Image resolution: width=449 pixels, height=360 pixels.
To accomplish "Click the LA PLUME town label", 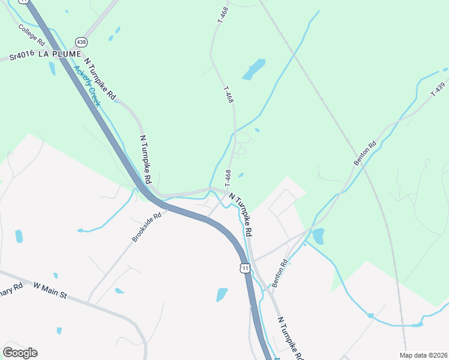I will point(59,54).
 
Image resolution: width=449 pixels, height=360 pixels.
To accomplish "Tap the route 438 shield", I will point(81,42).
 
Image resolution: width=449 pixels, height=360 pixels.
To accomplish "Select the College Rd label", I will point(31,35).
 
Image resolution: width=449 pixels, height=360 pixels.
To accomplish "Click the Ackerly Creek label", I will point(87,85).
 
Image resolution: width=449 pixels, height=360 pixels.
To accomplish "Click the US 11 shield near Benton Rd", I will point(244,269).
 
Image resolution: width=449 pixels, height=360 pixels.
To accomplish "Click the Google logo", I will point(20,352).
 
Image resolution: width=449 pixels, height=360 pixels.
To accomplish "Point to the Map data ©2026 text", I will point(423,355).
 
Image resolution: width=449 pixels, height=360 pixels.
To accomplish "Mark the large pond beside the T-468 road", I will point(254,70).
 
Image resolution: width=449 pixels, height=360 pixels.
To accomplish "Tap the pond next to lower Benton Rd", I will point(318,236).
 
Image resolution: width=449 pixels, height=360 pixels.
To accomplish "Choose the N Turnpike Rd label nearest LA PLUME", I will point(100,79).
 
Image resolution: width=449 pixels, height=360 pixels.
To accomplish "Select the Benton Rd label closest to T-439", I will point(364,153).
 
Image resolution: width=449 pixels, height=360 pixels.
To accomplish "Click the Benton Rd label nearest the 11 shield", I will point(280,273).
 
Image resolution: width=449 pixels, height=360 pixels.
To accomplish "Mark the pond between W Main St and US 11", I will point(222,295).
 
